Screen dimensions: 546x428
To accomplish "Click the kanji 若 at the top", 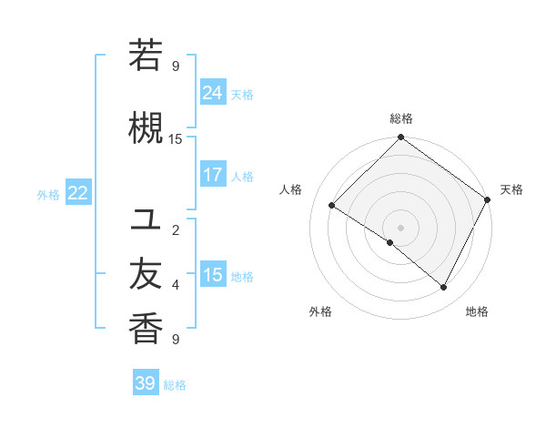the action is [x=146, y=56].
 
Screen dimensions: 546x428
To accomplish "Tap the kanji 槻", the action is [x=146, y=127].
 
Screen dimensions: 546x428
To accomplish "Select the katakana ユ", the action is [x=146, y=219].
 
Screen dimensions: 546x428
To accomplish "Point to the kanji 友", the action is [x=146, y=274].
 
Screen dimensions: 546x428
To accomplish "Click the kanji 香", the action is [x=146, y=328].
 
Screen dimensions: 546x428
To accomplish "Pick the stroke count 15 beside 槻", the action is [x=176, y=138].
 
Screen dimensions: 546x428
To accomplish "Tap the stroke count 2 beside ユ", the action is [x=176, y=229].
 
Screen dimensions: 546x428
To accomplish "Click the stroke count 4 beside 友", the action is [x=176, y=285].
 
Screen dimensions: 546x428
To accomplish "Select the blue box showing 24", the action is [x=213, y=93].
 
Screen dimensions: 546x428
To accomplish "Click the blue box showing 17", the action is [x=213, y=175].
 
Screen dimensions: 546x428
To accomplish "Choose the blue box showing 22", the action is [x=78, y=192].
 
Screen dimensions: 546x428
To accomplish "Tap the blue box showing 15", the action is [x=213, y=275].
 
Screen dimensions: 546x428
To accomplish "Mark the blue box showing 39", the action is [x=145, y=383].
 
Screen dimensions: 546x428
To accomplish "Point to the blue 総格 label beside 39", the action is [x=175, y=385].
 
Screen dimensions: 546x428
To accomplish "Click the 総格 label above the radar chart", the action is [x=400, y=118].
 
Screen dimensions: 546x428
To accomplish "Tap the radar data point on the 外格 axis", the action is [x=390, y=242].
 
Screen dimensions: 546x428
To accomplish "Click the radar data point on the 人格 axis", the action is [x=332, y=206].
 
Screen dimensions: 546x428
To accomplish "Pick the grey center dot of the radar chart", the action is [x=400, y=227].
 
